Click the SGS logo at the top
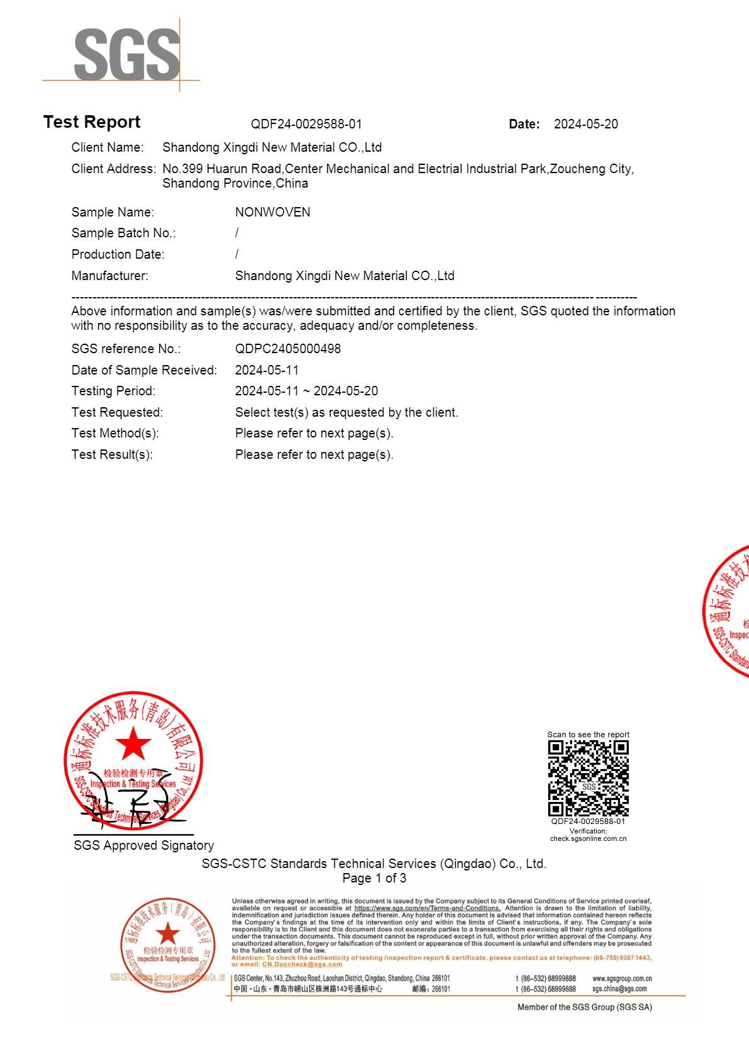coord(126,55)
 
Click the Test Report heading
coord(92,122)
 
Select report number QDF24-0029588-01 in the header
coord(306,125)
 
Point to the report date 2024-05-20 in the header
coord(585,125)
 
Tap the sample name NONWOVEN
coord(273,212)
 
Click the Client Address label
coord(113,169)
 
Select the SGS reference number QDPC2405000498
coord(288,349)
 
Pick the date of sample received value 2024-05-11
coord(267,370)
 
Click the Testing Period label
coord(113,391)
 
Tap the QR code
coord(588,778)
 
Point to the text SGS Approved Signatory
coord(144,845)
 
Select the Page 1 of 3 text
coord(374,878)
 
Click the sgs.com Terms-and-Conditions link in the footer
coord(427,908)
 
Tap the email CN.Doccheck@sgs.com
coord(302,964)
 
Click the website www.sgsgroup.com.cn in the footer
coord(621,979)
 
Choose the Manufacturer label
coord(110,276)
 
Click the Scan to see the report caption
coord(588,735)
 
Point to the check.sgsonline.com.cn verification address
coord(588,838)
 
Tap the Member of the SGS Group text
coord(584,1007)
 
